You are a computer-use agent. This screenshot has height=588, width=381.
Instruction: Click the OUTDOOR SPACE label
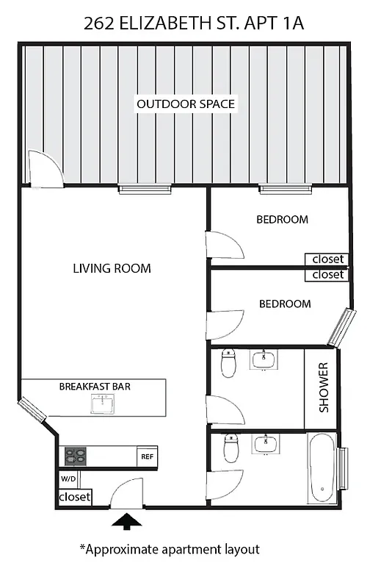[186, 104]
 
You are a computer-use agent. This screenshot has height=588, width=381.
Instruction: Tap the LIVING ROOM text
[112, 268]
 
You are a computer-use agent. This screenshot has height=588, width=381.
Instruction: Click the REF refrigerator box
[147, 456]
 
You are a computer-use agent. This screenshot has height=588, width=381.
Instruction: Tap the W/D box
[68, 478]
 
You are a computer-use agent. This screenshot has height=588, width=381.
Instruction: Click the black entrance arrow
[128, 521]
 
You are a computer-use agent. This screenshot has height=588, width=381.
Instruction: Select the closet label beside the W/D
[74, 498]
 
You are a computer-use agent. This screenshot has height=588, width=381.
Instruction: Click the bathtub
[322, 468]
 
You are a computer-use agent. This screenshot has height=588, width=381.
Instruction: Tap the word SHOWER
[323, 387]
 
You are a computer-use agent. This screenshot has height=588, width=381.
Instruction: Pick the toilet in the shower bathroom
[228, 363]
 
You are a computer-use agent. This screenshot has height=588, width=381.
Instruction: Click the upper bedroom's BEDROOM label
[282, 219]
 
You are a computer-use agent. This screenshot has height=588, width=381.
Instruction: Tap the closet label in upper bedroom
[327, 259]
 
